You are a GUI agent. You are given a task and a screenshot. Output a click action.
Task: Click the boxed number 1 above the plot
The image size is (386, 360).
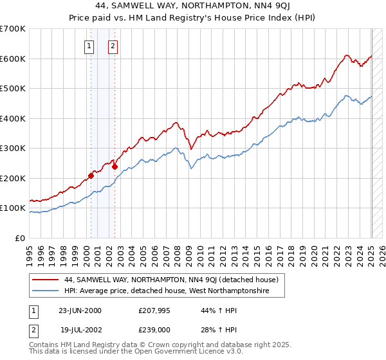[x=88, y=46]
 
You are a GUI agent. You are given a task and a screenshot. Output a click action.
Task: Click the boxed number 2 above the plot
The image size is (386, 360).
[x=113, y=46]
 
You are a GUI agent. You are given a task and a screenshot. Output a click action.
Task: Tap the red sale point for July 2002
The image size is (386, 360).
[x=115, y=166]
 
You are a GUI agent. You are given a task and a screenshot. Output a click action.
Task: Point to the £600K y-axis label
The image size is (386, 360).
[x=13, y=59]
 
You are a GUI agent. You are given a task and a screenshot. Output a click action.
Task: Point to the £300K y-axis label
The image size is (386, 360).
[x=13, y=148]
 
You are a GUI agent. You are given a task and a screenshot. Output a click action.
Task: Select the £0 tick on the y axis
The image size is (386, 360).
[x=21, y=238]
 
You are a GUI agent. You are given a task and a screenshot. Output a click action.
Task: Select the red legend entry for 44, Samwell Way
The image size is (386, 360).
[x=170, y=280]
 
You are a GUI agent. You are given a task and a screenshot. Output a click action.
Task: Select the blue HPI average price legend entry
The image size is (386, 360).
[x=165, y=291]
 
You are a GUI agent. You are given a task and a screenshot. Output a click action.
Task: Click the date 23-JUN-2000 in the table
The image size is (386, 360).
[x=80, y=310]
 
